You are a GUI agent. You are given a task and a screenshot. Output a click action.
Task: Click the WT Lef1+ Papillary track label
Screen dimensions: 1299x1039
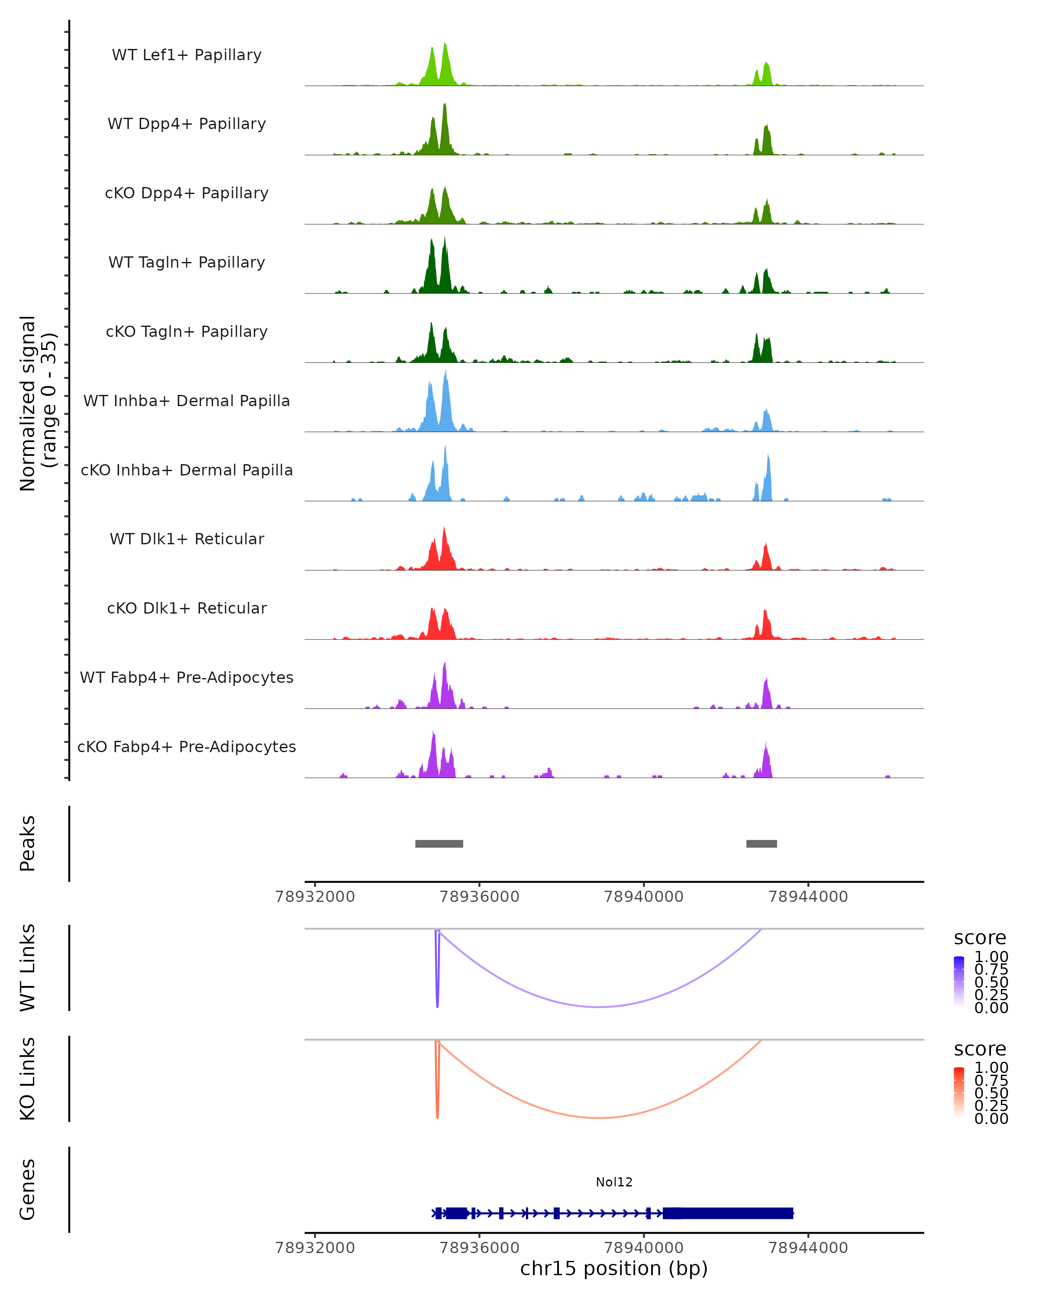point(187,55)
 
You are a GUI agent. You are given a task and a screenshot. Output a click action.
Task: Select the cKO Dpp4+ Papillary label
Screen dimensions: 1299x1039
point(187,193)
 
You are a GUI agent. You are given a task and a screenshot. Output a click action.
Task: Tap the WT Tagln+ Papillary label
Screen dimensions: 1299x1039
point(187,262)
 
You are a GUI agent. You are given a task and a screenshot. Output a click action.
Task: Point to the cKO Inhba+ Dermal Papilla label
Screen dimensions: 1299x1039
point(187,470)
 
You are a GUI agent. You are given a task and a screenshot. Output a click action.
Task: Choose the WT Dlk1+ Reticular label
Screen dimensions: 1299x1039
point(187,539)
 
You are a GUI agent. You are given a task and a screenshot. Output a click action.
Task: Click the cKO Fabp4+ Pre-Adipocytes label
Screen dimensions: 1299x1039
point(187,746)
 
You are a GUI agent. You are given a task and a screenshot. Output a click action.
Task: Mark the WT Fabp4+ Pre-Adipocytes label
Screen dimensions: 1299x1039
point(187,677)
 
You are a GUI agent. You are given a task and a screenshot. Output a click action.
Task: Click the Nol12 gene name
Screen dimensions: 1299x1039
point(614,1182)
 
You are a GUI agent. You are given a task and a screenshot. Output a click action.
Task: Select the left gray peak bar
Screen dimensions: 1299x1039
point(439,843)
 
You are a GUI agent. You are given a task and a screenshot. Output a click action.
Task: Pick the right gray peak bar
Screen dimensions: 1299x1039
point(762,843)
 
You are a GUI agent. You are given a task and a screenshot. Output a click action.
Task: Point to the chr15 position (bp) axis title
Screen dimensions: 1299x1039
point(614,1268)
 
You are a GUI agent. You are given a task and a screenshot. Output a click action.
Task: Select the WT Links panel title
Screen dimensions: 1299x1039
point(28,968)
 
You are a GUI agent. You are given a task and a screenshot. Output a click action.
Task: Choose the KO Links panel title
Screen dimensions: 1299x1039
point(28,1079)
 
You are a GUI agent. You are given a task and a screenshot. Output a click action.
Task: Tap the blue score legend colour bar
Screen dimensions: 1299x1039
point(959,980)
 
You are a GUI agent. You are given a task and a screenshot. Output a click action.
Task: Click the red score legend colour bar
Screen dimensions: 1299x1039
point(959,1091)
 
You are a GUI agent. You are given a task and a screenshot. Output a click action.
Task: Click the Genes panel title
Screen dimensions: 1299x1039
point(28,1189)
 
